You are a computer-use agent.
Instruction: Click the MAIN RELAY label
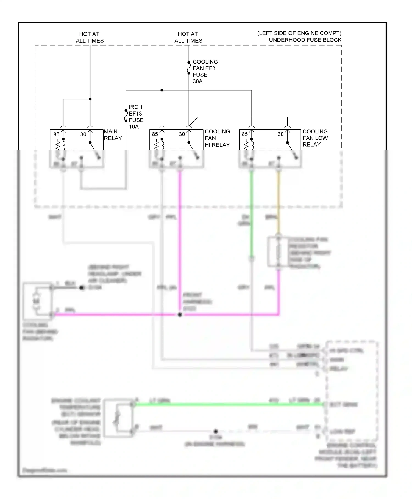click(113, 135)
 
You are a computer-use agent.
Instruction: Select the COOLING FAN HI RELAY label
click(217, 138)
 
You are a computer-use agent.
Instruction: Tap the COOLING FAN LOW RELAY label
click(315, 138)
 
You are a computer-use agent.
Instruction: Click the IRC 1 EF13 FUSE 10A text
click(136, 117)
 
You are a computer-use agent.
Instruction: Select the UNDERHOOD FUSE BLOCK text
click(305, 40)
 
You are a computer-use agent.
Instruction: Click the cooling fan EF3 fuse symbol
click(189, 68)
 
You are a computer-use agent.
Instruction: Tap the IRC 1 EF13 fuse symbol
click(126, 116)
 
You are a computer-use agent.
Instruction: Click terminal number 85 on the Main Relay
click(56, 134)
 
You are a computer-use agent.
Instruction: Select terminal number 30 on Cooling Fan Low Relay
click(280, 134)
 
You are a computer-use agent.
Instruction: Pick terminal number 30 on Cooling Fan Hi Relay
click(182, 134)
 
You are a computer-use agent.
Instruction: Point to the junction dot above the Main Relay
click(90, 99)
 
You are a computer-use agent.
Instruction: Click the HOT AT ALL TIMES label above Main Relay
click(90, 37)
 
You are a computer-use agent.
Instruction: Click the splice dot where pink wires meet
click(180, 314)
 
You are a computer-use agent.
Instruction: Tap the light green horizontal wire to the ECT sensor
click(228, 404)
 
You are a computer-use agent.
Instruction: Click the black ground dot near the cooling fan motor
click(82, 288)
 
